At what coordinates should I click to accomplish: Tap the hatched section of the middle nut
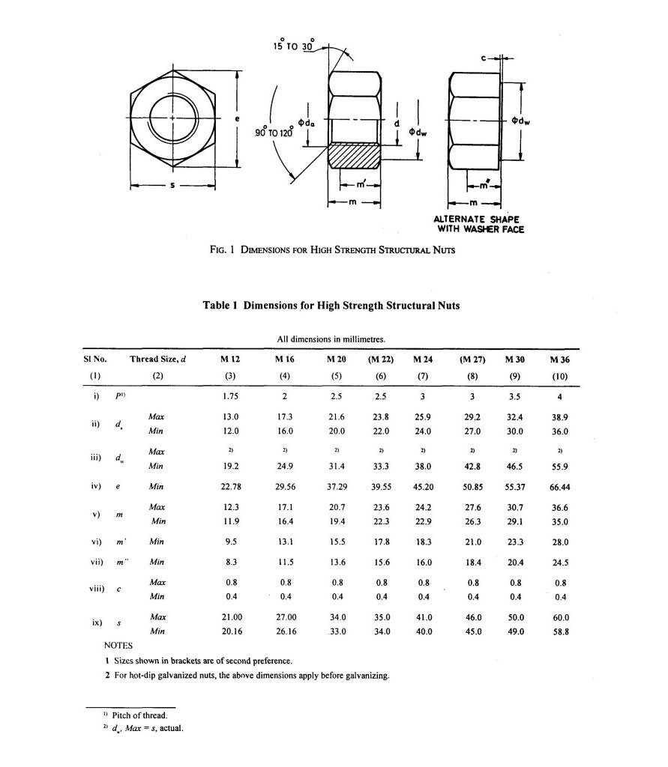tap(355, 157)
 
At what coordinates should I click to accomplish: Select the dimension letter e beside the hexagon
tap(237, 119)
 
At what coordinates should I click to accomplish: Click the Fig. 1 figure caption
tap(332, 250)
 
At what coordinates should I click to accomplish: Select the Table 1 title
tap(331, 306)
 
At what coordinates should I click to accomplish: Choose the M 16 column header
tap(285, 360)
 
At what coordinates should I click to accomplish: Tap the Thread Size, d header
tap(157, 360)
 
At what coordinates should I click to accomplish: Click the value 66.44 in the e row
tap(560, 487)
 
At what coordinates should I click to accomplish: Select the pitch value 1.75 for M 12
tap(230, 396)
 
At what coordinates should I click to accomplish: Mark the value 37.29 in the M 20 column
tap(337, 487)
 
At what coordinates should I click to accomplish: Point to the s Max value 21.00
tap(230, 617)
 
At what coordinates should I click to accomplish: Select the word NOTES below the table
tap(118, 645)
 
